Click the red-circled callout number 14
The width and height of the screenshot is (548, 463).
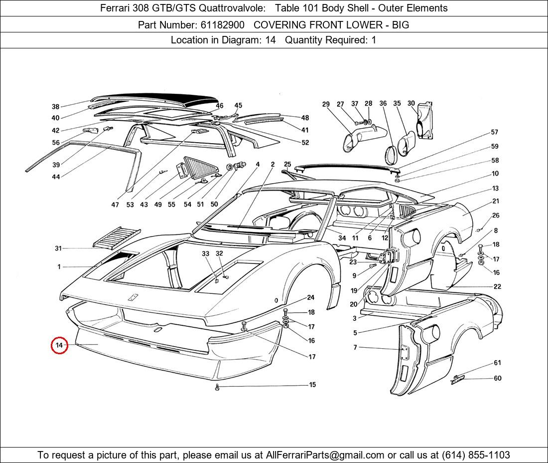59,345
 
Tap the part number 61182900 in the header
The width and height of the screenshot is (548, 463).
222,25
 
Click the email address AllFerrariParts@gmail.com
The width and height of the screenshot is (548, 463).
325,455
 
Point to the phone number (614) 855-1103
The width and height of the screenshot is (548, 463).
476,455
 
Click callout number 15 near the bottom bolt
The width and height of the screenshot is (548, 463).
312,385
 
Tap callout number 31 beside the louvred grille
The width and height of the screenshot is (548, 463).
58,248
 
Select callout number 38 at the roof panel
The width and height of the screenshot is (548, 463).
56,106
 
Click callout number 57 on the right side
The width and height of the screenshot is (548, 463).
494,132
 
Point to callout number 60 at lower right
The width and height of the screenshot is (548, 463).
498,378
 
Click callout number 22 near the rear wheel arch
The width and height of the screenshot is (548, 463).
497,286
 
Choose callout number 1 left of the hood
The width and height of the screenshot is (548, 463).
59,266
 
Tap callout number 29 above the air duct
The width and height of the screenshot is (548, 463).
326,104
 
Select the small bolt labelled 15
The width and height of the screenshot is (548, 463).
217,387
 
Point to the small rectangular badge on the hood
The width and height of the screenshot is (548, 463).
133,297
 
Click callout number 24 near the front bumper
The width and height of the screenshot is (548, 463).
311,297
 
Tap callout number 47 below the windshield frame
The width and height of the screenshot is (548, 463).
115,205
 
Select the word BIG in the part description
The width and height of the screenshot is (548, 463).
401,25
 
